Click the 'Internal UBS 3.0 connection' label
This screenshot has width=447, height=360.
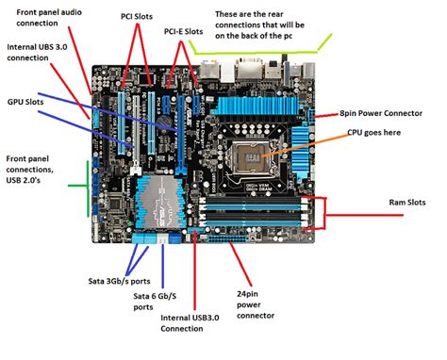point(41,51)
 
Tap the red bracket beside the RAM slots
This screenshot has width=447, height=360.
point(323,213)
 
